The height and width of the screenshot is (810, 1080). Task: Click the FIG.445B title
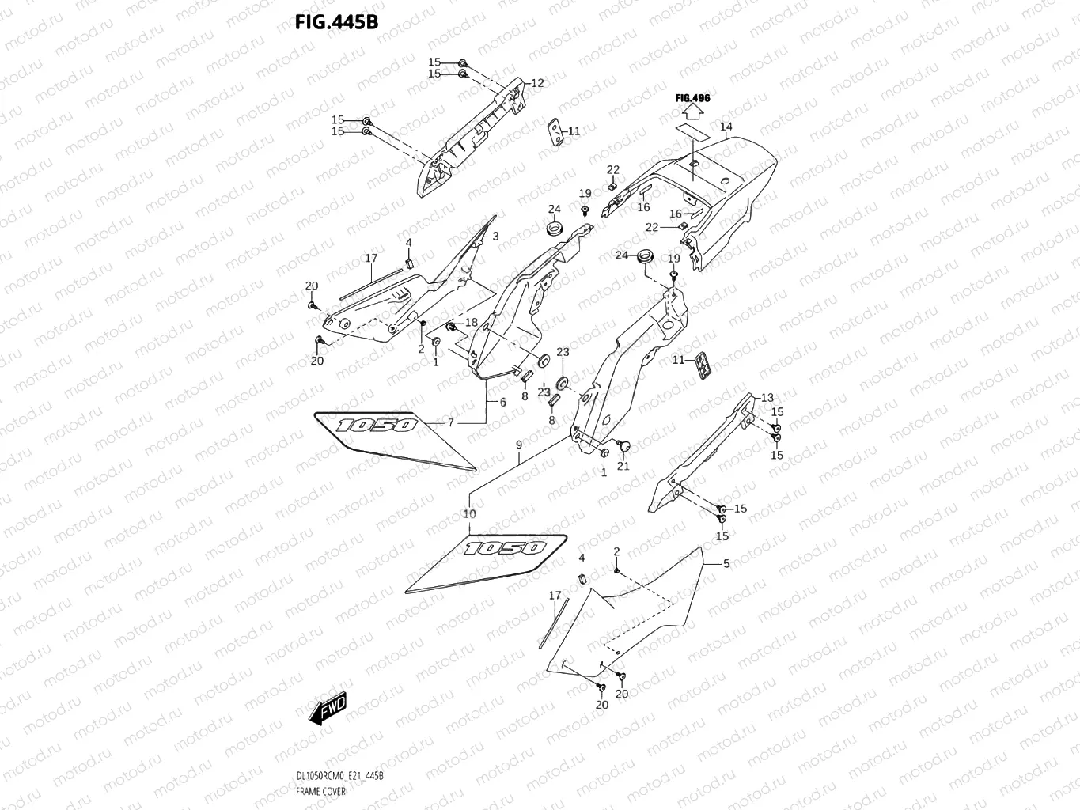[336, 21]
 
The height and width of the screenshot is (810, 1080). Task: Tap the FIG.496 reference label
[692, 98]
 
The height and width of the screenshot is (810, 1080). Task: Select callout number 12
[537, 83]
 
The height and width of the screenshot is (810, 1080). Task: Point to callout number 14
[726, 127]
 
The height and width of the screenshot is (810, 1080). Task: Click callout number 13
[767, 397]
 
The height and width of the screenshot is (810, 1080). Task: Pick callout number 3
[495, 236]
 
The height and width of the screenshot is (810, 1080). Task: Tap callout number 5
[726, 563]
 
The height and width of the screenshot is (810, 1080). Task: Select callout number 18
[472, 322]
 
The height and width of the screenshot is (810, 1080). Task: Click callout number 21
[623, 466]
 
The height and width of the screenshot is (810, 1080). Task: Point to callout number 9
[519, 445]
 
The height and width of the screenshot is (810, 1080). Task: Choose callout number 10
[469, 513]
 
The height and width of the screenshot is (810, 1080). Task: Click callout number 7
[451, 422]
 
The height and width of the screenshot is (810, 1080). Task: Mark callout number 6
[502, 402]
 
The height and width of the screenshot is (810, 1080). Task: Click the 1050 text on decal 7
[376, 425]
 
